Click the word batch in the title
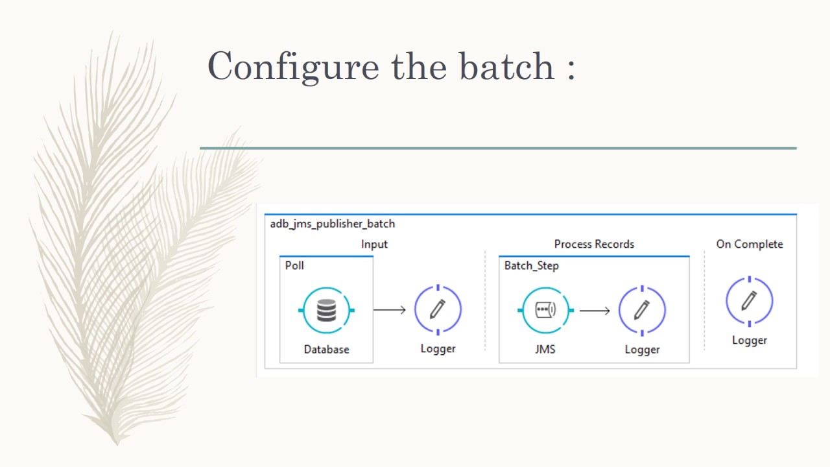pyautogui.click(x=506, y=66)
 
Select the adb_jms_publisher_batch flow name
pyautogui.click(x=332, y=224)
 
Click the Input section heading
pyautogui.click(x=374, y=244)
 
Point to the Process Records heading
pyautogui.click(x=594, y=244)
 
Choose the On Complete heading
pyautogui.click(x=749, y=244)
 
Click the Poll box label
pyautogui.click(x=294, y=265)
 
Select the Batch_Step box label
pyautogui.click(x=531, y=265)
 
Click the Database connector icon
pyautogui.click(x=326, y=311)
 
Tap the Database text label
pyautogui.click(x=326, y=349)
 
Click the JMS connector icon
pyautogui.click(x=545, y=311)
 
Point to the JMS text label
pyautogui.click(x=545, y=349)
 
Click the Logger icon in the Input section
pyautogui.click(x=438, y=309)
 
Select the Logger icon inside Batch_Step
pyautogui.click(x=642, y=311)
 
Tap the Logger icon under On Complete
pyautogui.click(x=749, y=301)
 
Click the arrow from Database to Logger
pyautogui.click(x=390, y=310)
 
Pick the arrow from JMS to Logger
pyautogui.click(x=595, y=311)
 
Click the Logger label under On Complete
pyautogui.click(x=749, y=340)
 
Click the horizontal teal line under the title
pyautogui.click(x=498, y=148)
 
